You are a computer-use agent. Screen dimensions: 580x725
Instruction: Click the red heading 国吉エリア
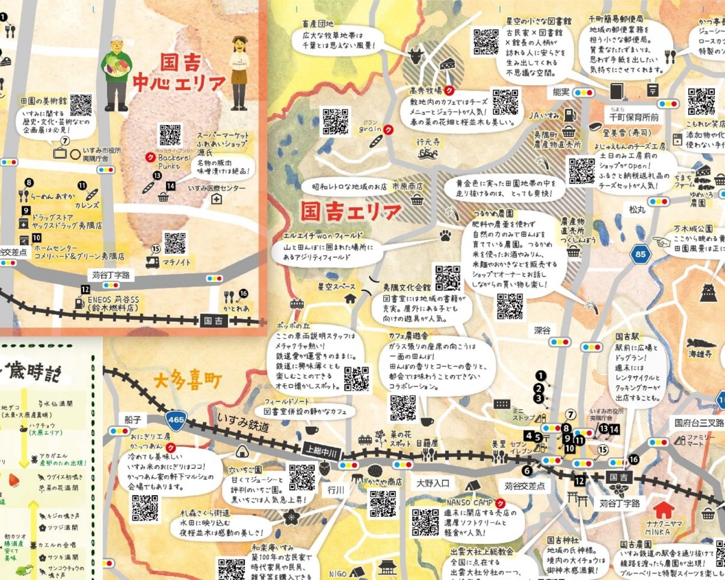[350, 212]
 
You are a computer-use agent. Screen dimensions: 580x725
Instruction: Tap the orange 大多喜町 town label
[187, 380]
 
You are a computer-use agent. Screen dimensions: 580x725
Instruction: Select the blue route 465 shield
[176, 419]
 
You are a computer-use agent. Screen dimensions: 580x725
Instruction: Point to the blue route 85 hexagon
[640, 254]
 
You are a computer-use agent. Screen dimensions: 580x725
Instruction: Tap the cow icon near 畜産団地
[416, 56]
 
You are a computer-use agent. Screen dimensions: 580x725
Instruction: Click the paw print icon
[445, 235]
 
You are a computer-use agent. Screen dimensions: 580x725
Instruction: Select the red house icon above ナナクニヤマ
[663, 509]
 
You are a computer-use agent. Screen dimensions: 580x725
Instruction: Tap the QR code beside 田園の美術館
[81, 105]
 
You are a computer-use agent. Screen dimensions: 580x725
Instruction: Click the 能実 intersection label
[561, 92]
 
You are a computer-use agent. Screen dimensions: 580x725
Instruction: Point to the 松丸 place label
[637, 209]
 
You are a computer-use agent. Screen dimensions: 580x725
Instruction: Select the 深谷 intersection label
[542, 330]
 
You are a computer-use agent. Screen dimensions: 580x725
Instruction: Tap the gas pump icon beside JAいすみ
[571, 114]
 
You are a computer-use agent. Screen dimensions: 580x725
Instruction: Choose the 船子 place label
[133, 419]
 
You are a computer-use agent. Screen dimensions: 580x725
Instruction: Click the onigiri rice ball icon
[242, 452]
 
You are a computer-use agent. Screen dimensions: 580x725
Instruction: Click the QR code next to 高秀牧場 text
[505, 102]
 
